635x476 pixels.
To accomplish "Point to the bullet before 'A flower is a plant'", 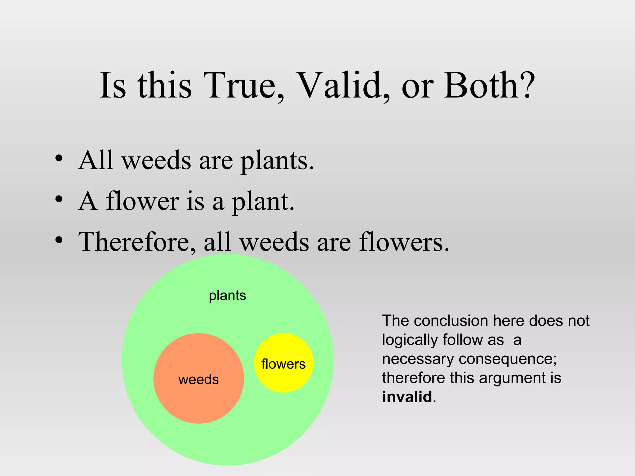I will [59, 199].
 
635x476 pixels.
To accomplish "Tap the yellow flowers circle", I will [283, 347].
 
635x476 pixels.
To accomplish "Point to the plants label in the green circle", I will [227, 296].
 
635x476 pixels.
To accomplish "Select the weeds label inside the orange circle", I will [198, 380].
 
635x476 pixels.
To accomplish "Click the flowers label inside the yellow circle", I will [283, 364].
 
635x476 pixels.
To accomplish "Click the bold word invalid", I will [407, 397].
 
